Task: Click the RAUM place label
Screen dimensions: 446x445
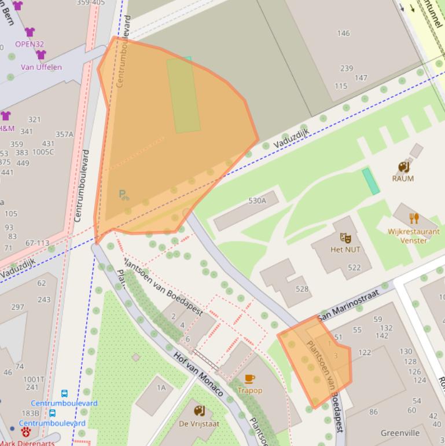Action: point(403,178)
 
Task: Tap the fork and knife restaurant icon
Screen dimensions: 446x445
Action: point(414,218)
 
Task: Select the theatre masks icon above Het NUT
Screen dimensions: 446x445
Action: point(345,237)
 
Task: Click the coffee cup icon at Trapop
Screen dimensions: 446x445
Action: point(249,379)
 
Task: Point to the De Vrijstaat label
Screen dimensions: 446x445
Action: point(199,424)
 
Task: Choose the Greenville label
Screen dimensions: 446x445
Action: point(400,433)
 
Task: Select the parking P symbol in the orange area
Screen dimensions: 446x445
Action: point(123,195)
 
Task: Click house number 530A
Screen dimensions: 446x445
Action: point(257,201)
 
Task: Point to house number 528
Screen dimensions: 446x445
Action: point(301,288)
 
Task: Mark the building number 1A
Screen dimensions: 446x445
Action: point(161,387)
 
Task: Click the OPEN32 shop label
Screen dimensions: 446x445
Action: point(30,44)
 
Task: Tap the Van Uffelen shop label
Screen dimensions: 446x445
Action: point(41,67)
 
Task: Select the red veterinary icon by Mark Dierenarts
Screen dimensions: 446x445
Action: point(26,433)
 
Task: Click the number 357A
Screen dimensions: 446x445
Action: point(64,134)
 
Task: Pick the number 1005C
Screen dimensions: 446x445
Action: point(43,152)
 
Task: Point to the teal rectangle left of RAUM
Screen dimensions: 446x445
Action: point(371,181)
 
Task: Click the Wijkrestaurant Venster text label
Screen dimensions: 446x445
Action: point(414,236)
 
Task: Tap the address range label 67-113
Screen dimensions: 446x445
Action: point(38,243)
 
